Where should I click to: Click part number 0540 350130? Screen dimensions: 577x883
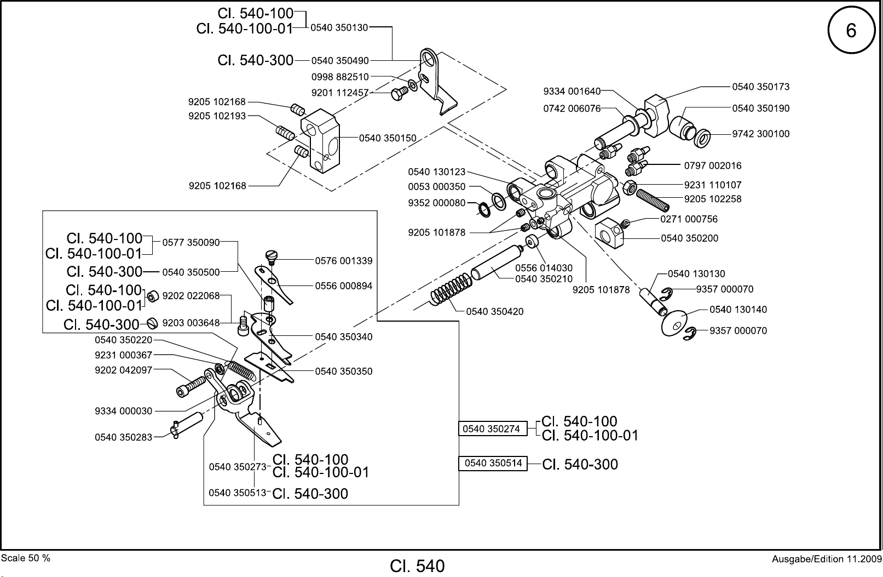[x=339, y=27]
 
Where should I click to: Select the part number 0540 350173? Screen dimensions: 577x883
[x=761, y=87]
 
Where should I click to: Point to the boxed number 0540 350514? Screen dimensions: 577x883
[x=493, y=464]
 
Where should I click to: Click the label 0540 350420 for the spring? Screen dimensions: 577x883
[x=494, y=312]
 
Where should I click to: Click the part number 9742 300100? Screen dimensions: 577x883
[x=761, y=134]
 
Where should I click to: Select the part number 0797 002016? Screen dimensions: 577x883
[x=713, y=165]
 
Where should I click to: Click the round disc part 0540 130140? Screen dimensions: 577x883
[x=675, y=324]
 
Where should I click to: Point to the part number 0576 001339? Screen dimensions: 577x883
[x=343, y=261]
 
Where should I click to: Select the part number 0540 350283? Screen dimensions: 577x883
[x=123, y=437]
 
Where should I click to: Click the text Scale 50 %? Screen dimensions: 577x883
[x=26, y=558]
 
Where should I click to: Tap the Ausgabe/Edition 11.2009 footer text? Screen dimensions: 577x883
[x=826, y=559]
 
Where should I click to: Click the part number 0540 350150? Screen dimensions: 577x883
[x=387, y=138]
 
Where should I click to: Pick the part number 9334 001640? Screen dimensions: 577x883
[x=572, y=92]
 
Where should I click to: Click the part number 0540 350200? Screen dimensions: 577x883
[x=689, y=238]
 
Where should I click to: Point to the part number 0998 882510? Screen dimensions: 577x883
[x=340, y=77]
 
